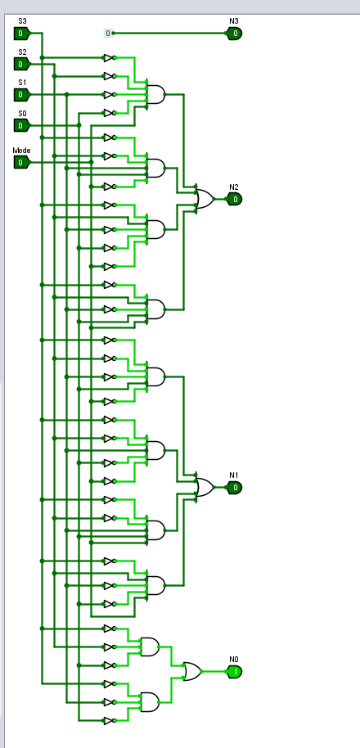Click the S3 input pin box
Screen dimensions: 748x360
pos(21,34)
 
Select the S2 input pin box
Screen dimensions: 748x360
pos(21,64)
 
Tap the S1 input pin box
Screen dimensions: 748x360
pos(21,95)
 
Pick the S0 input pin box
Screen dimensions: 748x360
pos(21,125)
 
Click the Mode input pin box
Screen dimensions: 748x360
pos(21,162)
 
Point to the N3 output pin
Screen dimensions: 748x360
pos(234,34)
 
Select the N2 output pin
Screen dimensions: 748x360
pos(234,199)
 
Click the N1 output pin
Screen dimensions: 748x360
pos(234,488)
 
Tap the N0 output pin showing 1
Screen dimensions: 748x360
pos(234,672)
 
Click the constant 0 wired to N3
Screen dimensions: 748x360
pos(107,34)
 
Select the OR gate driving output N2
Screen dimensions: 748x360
pos(204,199)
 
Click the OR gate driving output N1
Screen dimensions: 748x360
pos(204,488)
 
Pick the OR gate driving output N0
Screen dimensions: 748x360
pos(193,672)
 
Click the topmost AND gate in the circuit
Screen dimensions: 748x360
pos(155,95)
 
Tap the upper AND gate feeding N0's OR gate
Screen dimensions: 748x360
pos(151,647)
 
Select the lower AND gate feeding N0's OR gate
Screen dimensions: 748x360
pos(151,701)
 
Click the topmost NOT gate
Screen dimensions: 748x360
pos(109,58)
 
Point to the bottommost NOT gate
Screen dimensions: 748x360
pos(109,721)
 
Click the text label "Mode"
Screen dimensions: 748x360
pos(20,151)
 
